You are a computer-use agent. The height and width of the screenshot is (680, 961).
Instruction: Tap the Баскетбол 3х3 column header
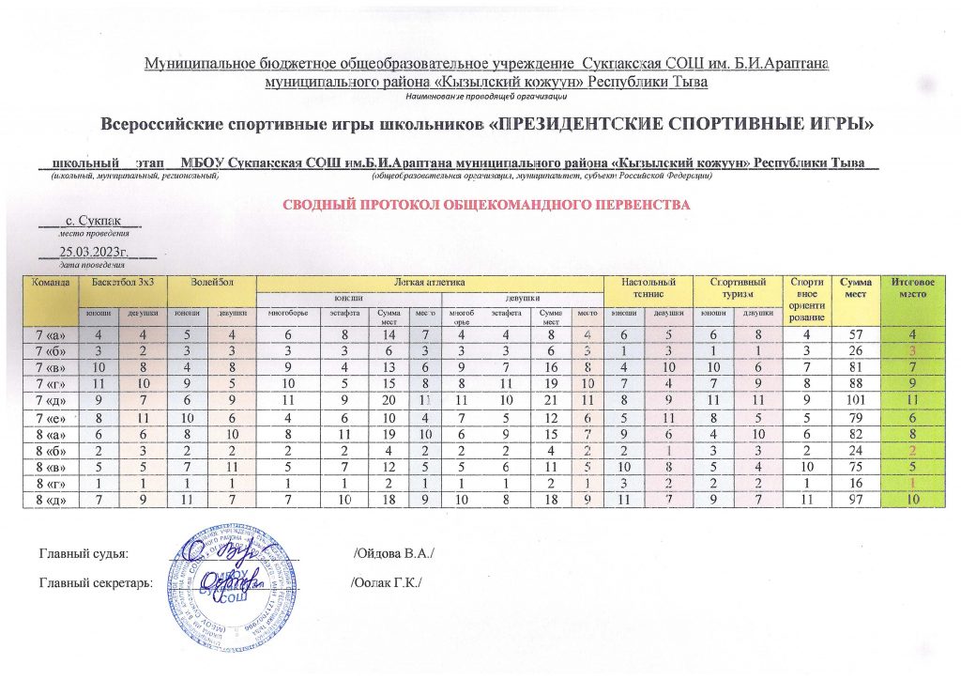point(117,281)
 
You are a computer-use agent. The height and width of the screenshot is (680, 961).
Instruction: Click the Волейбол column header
point(208,281)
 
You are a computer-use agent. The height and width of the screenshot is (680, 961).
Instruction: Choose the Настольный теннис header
point(646,286)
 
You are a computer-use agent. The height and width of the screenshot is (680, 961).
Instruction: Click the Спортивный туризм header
point(738,286)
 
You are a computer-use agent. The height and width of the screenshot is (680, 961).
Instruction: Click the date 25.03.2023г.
point(93,252)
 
